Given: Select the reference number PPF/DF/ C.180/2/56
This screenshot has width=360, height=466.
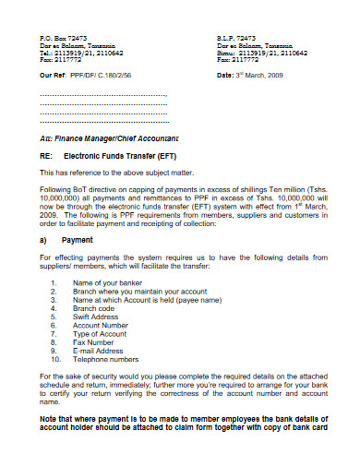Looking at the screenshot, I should click(111, 76).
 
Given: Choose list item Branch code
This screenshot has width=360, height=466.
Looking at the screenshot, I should click(96, 309).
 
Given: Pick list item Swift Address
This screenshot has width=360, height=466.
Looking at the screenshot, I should click(99, 317).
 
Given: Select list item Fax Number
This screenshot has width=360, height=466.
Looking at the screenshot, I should click(96, 342).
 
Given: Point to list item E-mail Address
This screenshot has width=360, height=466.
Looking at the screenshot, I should click(100, 351).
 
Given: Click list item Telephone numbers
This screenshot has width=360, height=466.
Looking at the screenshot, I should click(106, 359).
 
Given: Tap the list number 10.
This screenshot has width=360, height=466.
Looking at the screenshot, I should click(54, 359).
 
